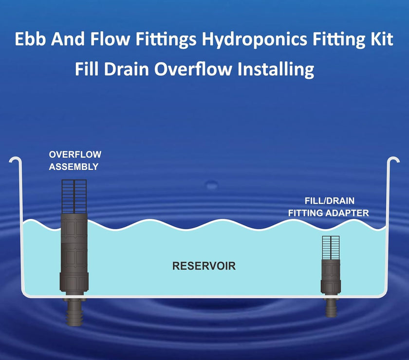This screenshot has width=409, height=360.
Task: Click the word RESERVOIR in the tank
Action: coord(204,266)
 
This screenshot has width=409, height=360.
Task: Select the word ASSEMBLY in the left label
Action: coord(74,167)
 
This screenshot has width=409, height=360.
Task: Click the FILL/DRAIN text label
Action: coord(330,200)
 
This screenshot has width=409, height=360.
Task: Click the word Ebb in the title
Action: coord(31,39)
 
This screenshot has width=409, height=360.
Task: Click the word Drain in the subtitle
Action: coord(127,69)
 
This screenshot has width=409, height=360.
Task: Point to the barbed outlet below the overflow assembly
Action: coord(74,311)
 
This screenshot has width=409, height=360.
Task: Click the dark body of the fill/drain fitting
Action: coord(331,276)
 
